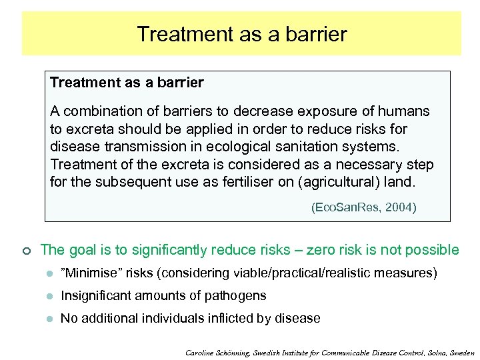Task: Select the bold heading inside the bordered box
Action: [x=127, y=83]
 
